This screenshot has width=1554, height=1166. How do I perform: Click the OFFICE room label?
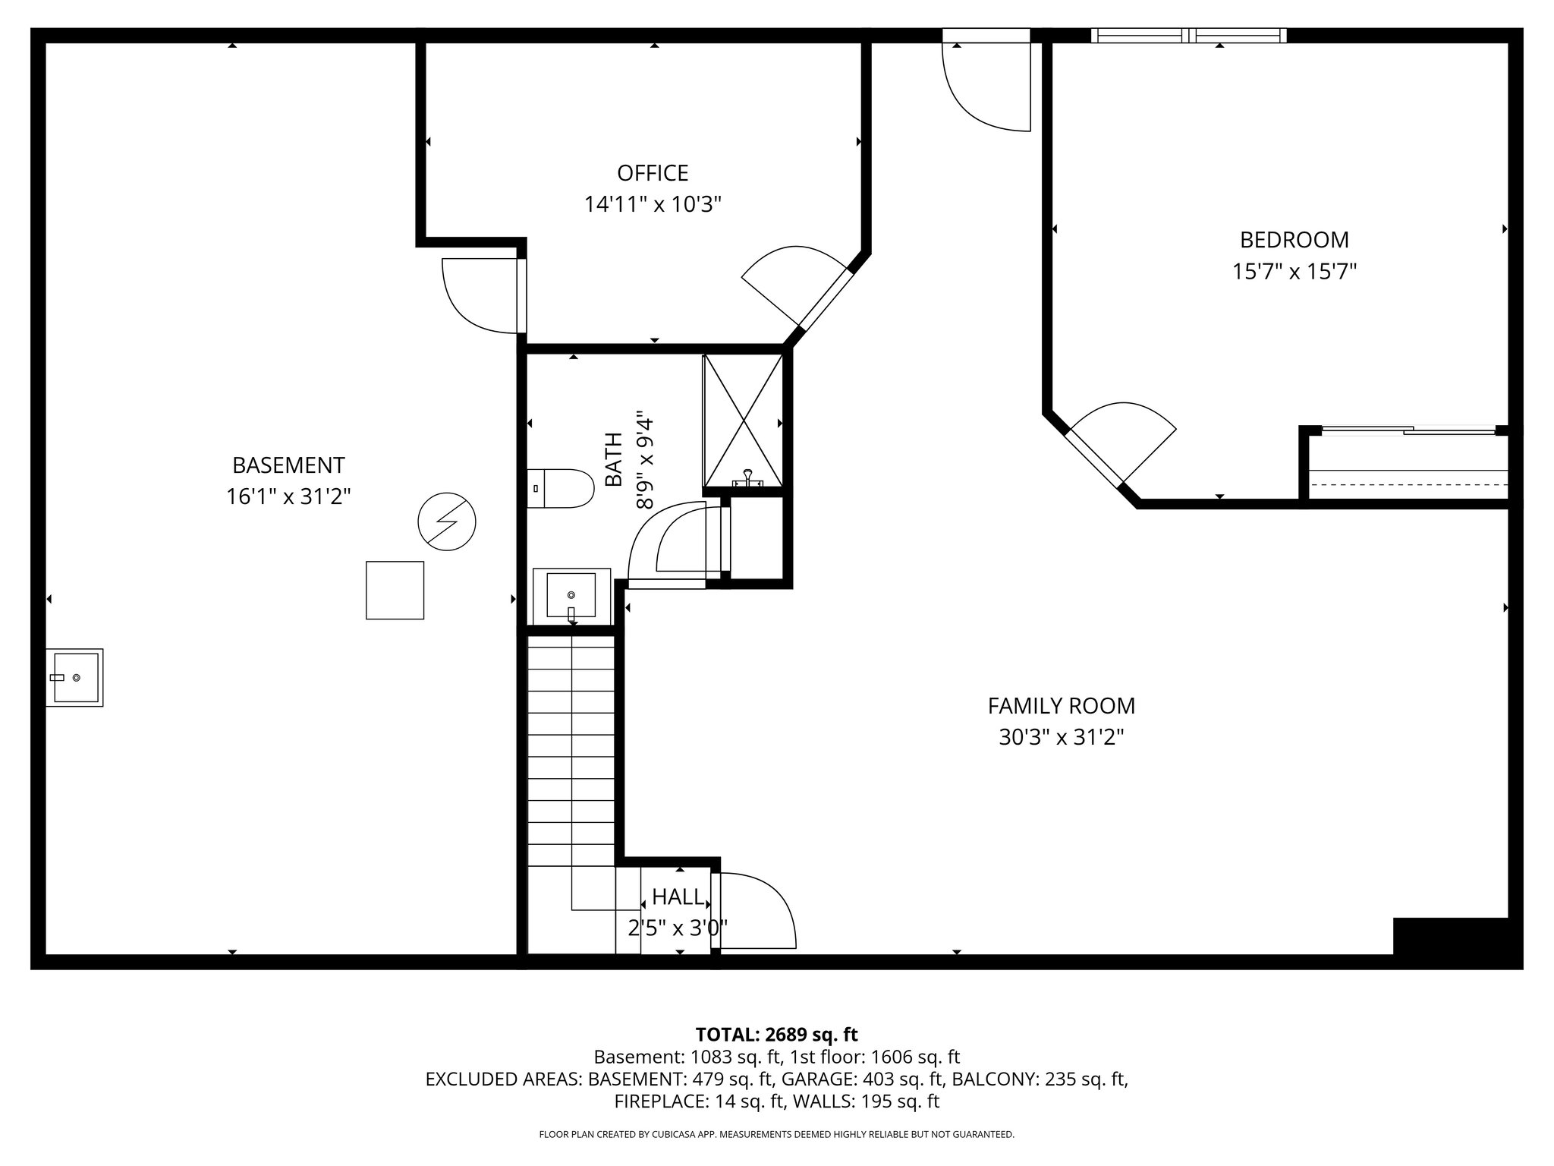tap(653, 173)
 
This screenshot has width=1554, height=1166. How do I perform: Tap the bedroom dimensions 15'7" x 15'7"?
tap(1294, 272)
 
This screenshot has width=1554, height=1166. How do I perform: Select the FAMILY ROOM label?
tap(1061, 706)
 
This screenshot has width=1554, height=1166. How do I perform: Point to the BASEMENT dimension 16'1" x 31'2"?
tap(288, 497)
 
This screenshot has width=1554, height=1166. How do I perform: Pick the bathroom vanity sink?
tap(571, 596)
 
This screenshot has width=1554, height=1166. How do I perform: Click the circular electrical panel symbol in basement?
tap(447, 522)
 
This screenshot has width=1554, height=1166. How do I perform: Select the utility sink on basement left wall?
tap(74, 677)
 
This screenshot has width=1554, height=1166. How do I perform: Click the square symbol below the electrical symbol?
tap(395, 590)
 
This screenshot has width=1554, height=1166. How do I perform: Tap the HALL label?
tap(678, 897)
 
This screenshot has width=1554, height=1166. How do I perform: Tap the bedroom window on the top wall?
tap(1188, 36)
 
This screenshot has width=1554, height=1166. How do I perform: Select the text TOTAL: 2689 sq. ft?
tap(776, 1034)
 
